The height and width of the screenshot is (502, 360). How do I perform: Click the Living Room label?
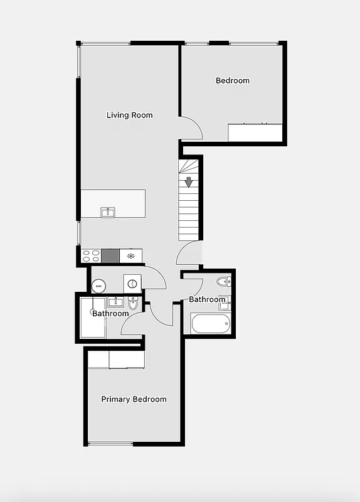(129, 115)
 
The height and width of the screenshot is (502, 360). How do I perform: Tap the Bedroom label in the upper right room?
(232, 80)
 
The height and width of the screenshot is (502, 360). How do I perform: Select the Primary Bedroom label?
(134, 399)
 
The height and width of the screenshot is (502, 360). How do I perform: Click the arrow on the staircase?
(188, 182)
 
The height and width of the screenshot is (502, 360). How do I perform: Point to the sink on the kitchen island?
(108, 212)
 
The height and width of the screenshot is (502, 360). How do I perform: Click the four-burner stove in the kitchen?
(92, 255)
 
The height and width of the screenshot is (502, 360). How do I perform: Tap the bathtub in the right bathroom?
(210, 324)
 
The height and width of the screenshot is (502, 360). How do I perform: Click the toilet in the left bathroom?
(132, 304)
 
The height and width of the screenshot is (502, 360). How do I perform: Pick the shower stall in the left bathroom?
(92, 319)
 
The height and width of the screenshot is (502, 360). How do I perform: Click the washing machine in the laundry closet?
(132, 284)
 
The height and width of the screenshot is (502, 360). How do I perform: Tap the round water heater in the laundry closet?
(98, 286)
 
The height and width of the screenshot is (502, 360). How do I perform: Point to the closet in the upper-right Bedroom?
(255, 132)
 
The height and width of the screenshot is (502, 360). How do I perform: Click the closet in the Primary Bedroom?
(117, 359)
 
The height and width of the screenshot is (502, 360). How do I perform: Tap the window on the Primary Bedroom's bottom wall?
(110, 444)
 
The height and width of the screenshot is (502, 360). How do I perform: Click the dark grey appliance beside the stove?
(110, 255)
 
